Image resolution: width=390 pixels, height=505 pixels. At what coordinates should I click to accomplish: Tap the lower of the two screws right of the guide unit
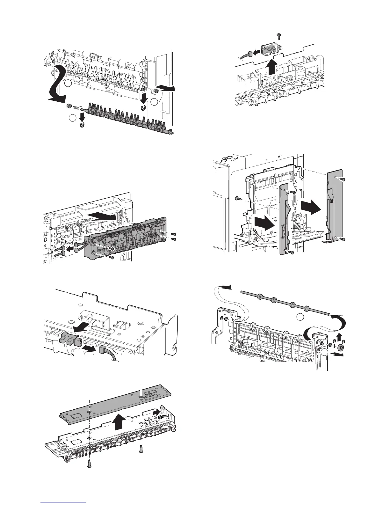(174, 239)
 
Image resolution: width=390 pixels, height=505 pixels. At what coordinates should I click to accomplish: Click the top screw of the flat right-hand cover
(343, 179)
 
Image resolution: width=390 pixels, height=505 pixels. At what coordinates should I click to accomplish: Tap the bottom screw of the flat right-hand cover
(343, 239)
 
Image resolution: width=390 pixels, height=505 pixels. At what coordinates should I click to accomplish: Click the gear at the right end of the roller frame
(340, 348)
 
